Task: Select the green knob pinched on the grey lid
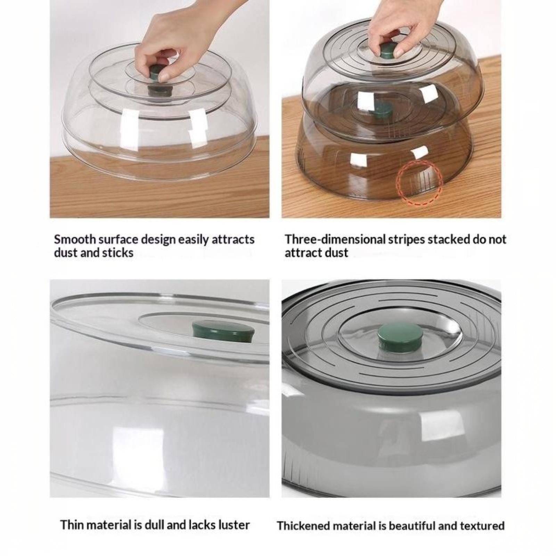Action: click(387, 54)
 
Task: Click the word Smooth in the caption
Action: click(74, 239)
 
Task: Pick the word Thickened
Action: click(303, 526)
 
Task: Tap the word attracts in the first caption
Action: click(233, 239)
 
